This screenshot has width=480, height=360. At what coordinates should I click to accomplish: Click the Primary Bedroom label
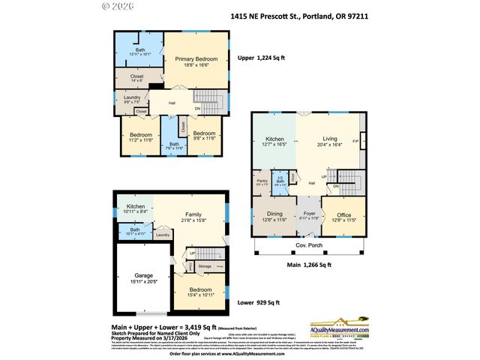point(196,62)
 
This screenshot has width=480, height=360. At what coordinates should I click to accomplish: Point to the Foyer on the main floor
point(308,214)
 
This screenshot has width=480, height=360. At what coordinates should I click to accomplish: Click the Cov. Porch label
point(307,246)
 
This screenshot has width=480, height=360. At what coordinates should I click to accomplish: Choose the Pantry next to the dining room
point(262,182)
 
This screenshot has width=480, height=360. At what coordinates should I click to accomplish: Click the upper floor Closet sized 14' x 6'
point(136,77)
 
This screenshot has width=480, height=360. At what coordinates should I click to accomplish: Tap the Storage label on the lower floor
point(205,266)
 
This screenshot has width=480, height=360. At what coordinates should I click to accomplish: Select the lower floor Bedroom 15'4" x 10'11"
point(199,292)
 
